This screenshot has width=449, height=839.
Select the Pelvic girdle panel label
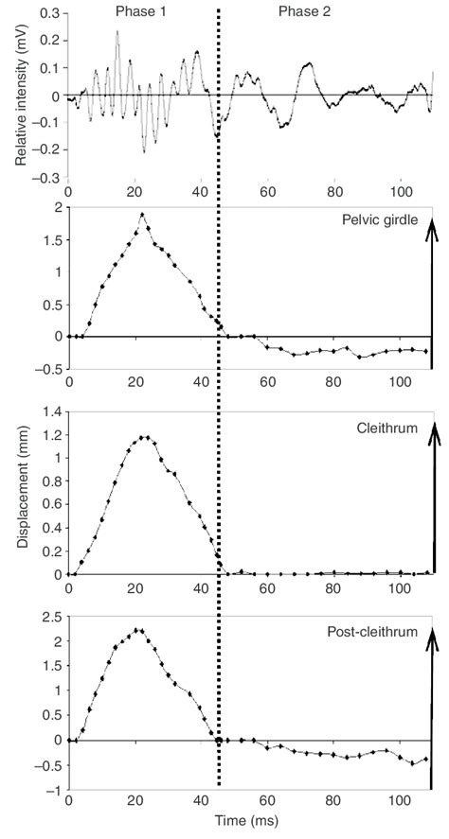[x=378, y=220]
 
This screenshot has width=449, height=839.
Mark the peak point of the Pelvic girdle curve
[x=142, y=215]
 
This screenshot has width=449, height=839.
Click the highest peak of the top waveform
[x=117, y=31]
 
